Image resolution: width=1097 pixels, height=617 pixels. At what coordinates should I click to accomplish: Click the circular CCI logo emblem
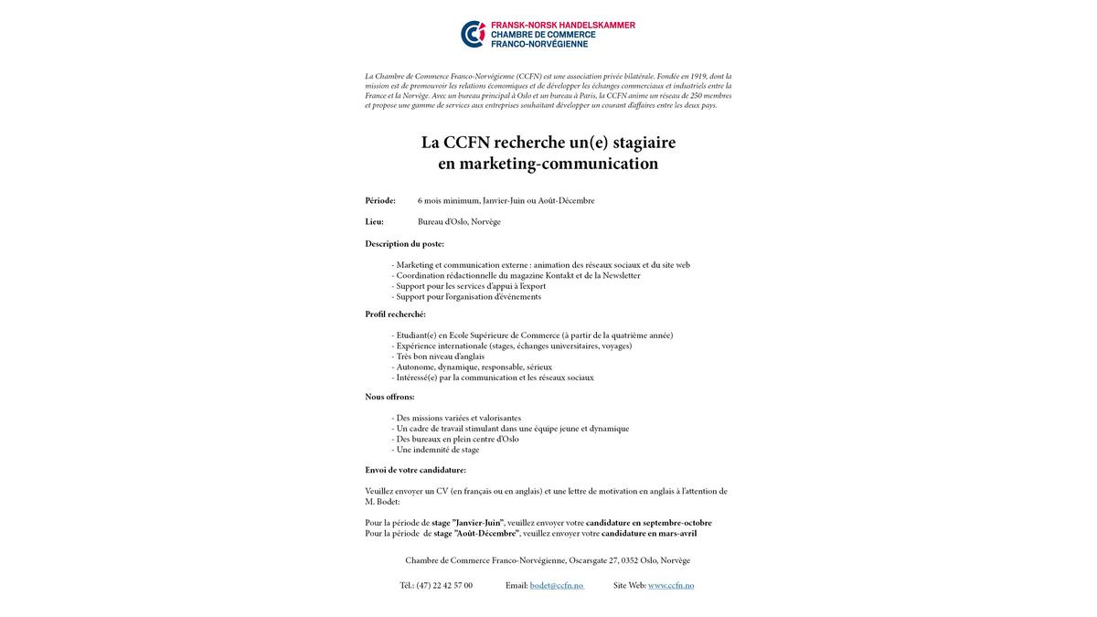474,34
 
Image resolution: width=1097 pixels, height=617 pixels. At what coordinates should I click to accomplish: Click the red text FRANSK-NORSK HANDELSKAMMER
562,26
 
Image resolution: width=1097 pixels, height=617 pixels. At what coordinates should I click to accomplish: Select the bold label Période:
380,200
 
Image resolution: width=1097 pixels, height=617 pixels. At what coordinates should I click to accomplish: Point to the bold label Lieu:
375,221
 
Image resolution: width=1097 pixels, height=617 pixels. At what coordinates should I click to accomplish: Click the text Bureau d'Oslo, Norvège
459,221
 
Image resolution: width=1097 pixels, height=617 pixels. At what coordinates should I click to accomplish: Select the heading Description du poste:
404,243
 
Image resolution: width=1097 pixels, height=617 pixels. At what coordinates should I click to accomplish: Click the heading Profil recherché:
395,314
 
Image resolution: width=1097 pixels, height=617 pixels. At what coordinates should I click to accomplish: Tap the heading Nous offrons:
389,397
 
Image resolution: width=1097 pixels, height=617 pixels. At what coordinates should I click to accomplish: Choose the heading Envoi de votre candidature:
415,470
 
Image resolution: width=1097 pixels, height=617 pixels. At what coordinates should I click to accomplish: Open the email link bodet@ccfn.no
556,585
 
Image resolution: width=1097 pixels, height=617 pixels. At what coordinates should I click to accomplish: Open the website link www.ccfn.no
671,585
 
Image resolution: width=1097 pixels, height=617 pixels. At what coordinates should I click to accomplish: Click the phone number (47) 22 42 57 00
444,585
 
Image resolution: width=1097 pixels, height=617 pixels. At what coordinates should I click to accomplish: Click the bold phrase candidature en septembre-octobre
661,523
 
